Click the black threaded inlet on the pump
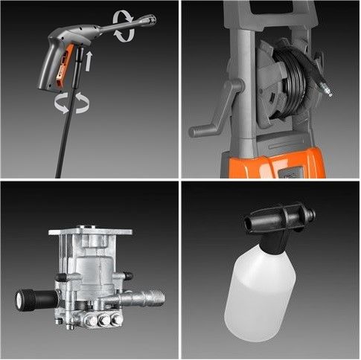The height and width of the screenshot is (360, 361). [31, 300]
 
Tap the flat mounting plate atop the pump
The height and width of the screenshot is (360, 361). [90, 233]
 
